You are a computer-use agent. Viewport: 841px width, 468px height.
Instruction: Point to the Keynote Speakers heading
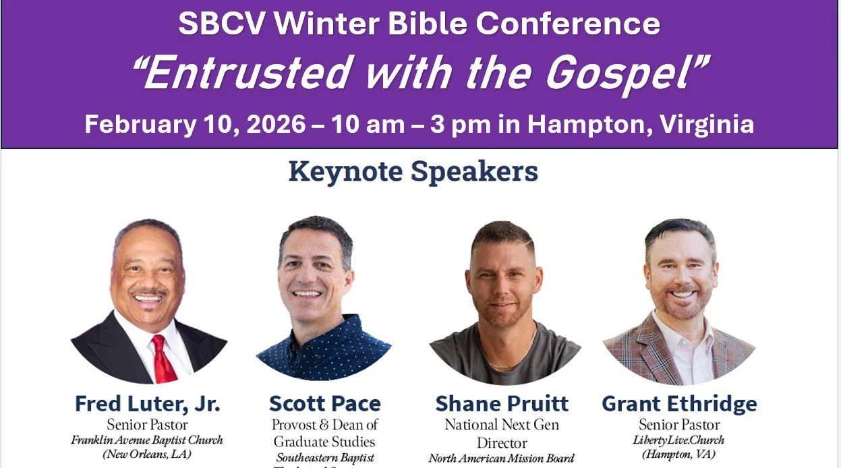413,171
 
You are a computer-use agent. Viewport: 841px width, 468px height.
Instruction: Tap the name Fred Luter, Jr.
147,404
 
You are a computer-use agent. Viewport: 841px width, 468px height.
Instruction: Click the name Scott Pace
324,404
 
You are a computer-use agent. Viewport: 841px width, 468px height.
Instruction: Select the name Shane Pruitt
502,404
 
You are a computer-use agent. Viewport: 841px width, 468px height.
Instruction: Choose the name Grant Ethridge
679,404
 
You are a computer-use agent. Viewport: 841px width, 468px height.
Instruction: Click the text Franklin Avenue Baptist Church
147,440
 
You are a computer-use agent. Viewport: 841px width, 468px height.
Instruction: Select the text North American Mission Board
502,459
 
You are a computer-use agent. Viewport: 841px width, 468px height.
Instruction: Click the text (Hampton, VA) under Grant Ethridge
679,454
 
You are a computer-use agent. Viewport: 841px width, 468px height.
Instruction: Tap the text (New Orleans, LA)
147,454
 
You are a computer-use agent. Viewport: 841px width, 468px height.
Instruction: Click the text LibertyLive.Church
679,440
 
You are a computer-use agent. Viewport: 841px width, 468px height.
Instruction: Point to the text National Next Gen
502,425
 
